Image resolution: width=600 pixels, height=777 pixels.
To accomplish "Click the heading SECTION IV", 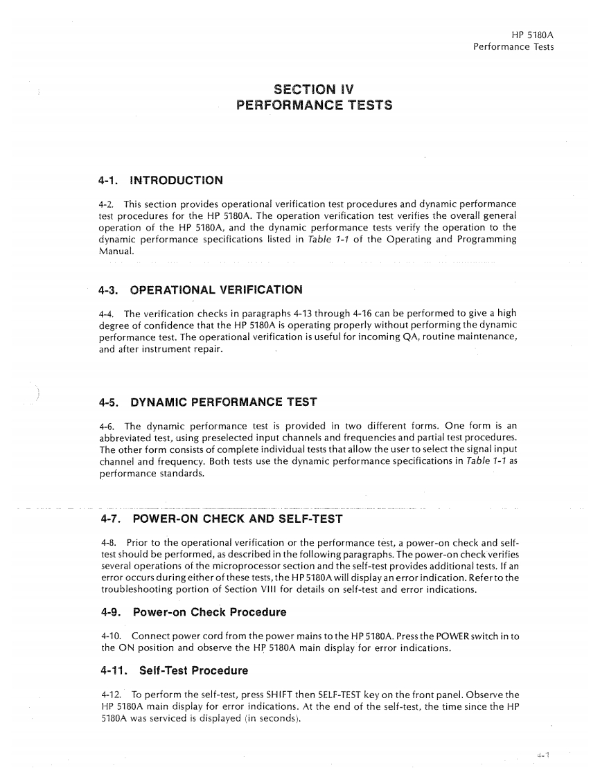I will click(x=315, y=89).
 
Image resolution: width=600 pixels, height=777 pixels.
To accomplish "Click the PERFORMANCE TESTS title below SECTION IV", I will click(x=315, y=105).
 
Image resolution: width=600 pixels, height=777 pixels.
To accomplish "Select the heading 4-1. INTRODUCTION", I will click(x=160, y=181).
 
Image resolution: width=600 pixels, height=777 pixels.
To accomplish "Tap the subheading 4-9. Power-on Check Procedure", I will click(x=193, y=612).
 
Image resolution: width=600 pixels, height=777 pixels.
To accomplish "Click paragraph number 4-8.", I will click(x=107, y=542).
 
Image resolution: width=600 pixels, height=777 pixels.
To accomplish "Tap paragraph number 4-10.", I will click(x=110, y=636).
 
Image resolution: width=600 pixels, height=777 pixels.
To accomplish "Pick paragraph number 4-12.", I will click(x=110, y=695).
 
